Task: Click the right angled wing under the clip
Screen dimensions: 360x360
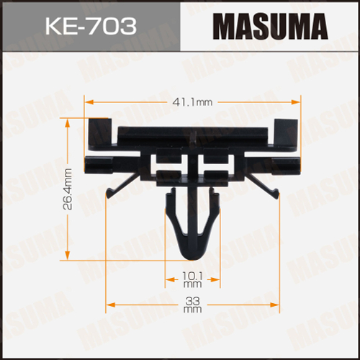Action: coord(272,189)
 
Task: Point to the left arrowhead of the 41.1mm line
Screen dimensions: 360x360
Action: coord(89,102)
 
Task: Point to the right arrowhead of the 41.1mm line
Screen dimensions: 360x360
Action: coord(297,102)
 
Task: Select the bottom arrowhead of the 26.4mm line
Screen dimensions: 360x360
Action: coord(68,258)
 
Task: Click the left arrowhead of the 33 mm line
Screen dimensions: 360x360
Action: coord(110,304)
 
